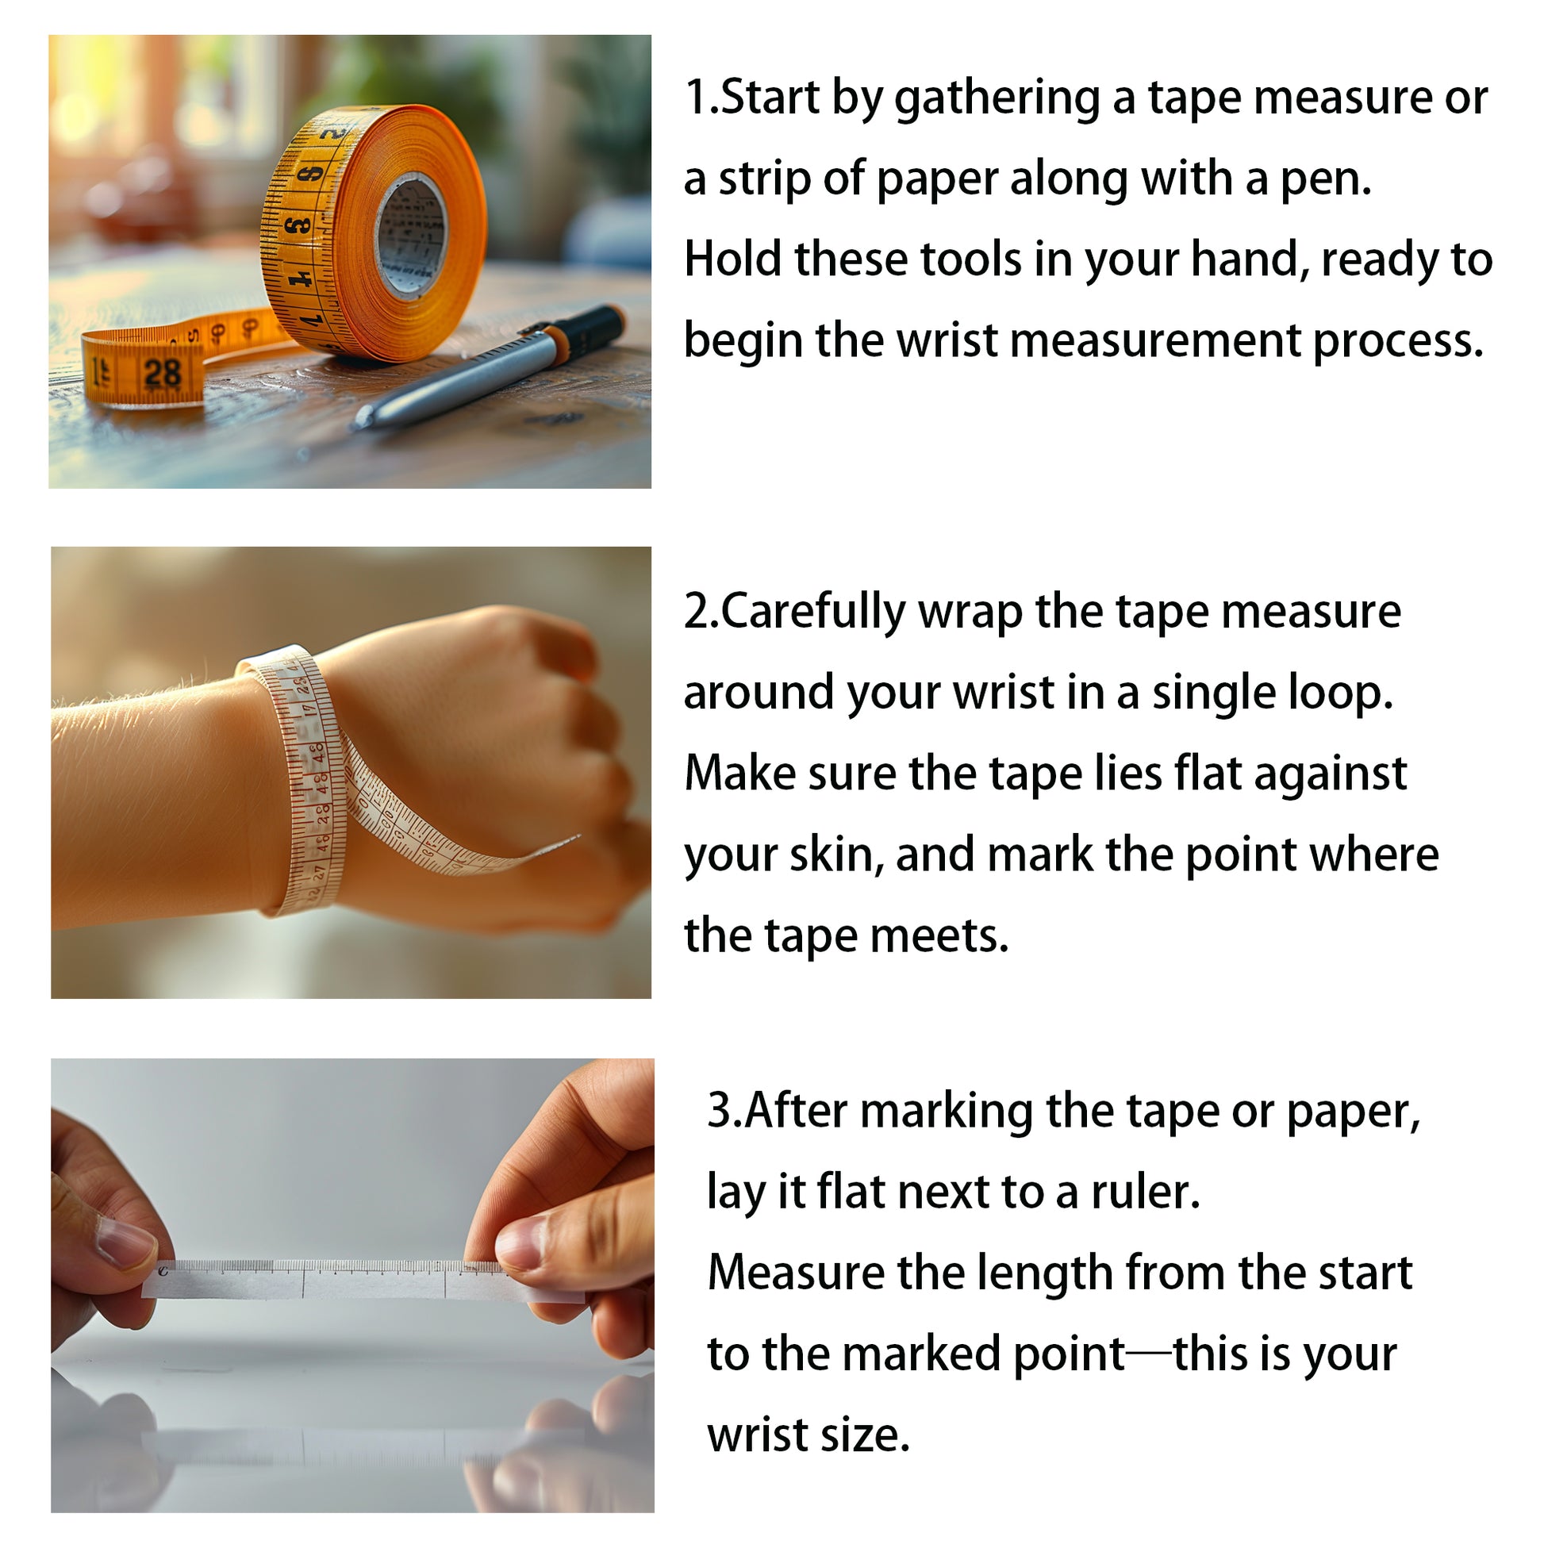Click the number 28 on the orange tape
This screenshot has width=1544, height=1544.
[163, 372]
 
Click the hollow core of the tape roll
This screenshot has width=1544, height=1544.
[411, 236]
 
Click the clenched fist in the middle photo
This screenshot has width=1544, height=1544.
[495, 743]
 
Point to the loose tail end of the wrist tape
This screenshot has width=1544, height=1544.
[559, 843]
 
